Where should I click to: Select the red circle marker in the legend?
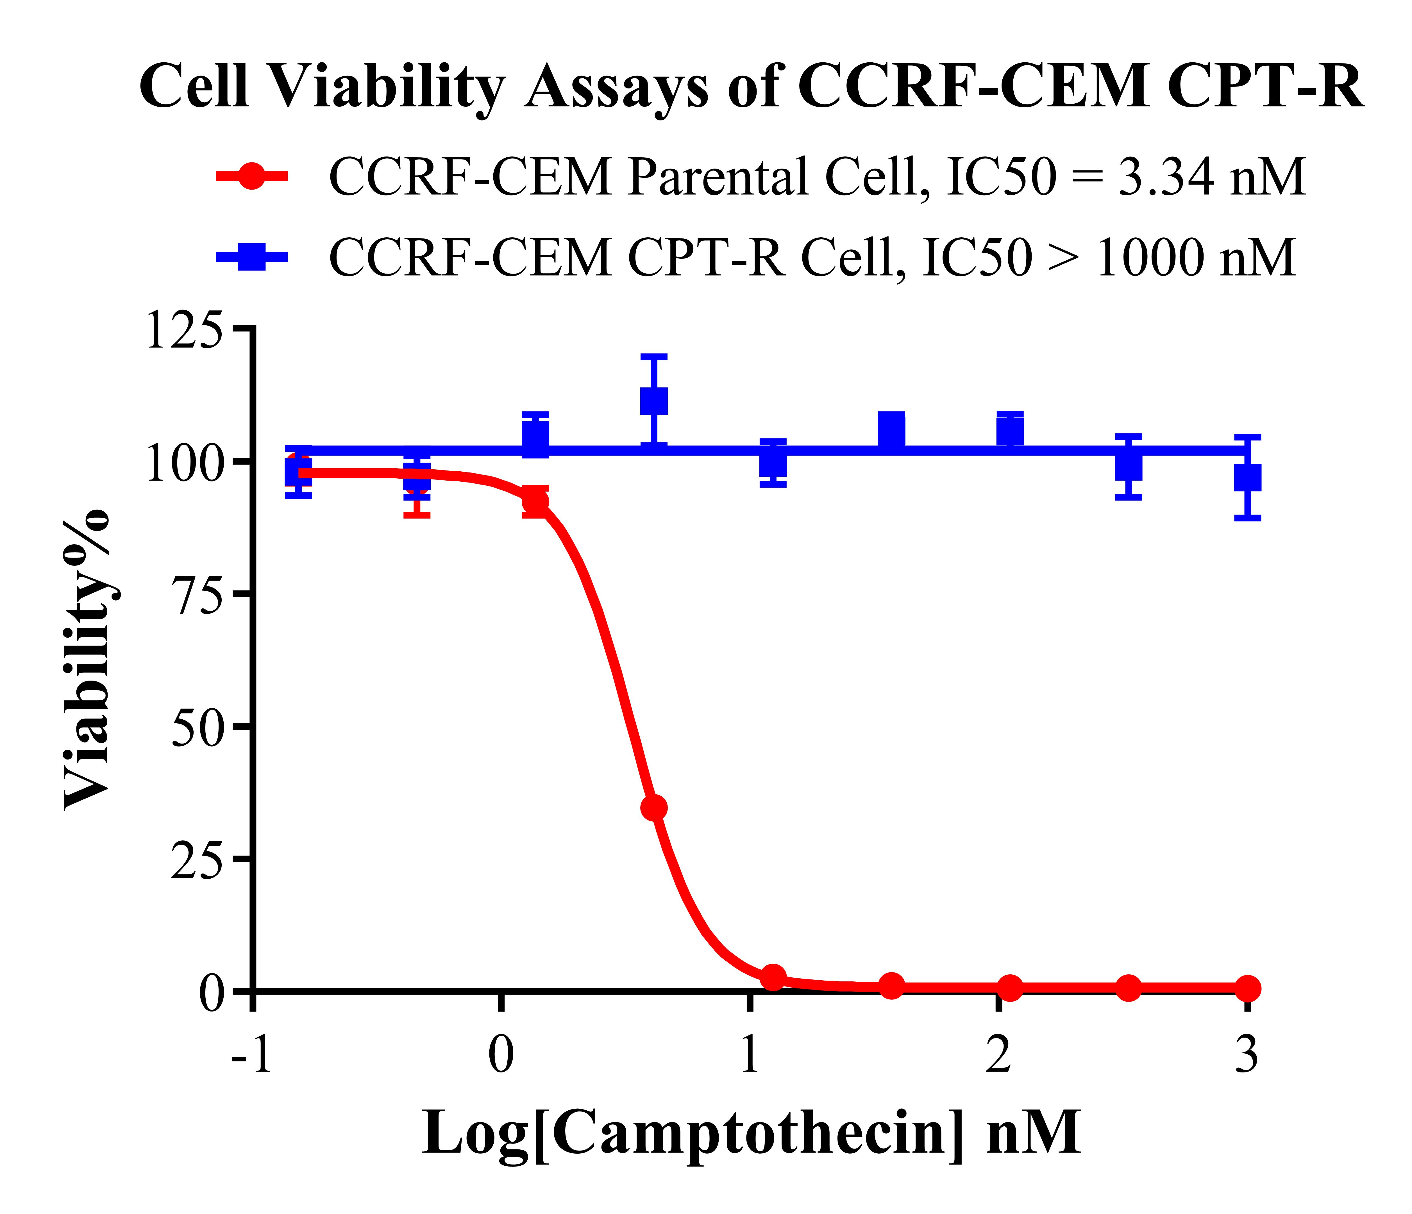click(251, 176)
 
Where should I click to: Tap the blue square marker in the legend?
click(251, 257)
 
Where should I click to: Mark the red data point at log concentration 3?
click(1247, 988)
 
